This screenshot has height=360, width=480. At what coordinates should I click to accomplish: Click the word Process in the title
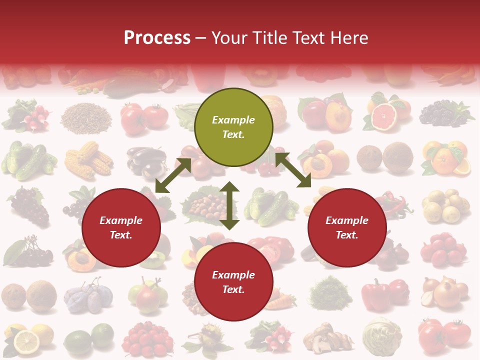coord(157,37)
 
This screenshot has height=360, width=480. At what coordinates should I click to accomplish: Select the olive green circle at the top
coord(233,127)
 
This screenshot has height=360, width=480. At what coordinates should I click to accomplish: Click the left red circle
coord(121,228)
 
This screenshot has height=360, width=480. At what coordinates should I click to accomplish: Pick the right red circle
coord(347,228)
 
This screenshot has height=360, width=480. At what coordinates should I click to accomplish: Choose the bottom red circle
coord(233,282)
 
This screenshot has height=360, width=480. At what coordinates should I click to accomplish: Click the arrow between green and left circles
coord(173,175)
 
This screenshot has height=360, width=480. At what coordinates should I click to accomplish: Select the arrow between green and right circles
coord(293,170)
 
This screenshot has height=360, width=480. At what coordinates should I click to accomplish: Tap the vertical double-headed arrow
coord(229,205)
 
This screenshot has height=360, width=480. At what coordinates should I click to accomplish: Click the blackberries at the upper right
coord(442,114)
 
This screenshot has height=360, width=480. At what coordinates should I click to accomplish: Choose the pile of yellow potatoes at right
coord(445,205)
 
